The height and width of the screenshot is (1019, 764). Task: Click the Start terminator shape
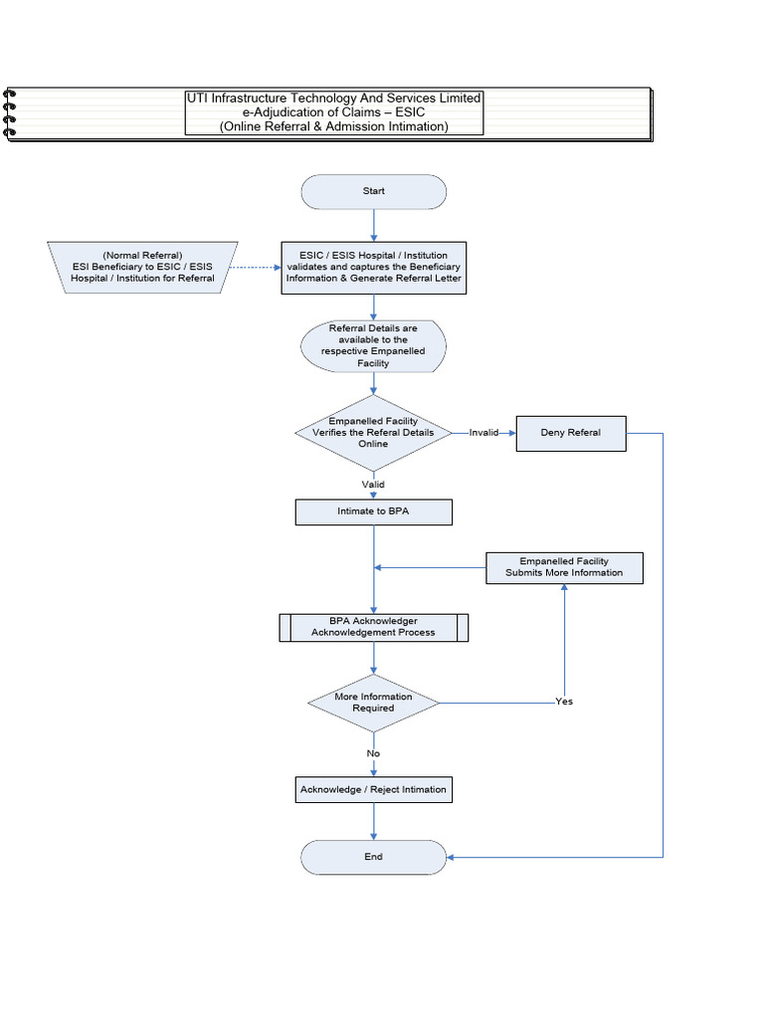point(373,191)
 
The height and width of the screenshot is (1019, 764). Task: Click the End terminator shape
point(373,857)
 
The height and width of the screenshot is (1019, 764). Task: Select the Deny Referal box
point(571,433)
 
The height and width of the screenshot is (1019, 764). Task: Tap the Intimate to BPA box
point(373,511)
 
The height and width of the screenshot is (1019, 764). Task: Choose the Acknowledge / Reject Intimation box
point(373,790)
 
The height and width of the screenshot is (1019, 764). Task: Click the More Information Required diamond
point(373,703)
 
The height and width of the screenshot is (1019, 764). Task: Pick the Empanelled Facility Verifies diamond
point(373,433)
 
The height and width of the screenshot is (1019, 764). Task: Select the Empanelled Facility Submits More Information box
point(564,567)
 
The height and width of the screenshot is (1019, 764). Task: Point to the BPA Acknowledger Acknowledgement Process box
point(373,627)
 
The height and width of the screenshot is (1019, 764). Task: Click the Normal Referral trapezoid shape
point(142,267)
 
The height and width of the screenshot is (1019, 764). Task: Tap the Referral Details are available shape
point(373,345)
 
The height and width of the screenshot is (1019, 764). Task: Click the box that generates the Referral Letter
point(373,267)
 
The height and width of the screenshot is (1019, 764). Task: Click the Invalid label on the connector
point(483,433)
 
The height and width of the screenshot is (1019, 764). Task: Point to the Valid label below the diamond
point(373,485)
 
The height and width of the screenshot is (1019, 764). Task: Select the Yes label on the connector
point(564,702)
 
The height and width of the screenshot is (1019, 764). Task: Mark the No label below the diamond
point(373,753)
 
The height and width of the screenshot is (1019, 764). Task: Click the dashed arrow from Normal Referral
point(255,267)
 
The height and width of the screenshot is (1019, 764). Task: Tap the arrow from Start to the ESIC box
point(373,225)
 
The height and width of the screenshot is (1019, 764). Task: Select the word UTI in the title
point(200,99)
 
